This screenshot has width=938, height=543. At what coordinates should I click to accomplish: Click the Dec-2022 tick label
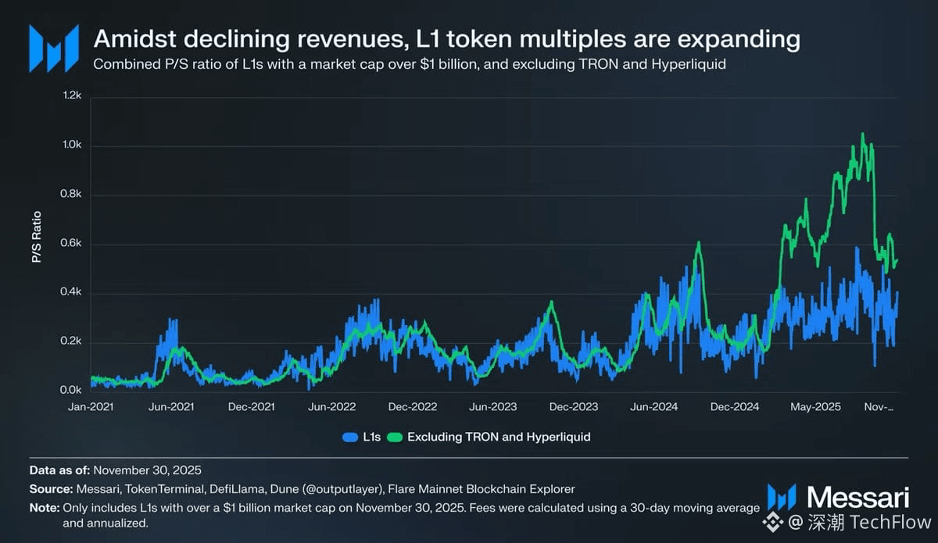tap(413, 407)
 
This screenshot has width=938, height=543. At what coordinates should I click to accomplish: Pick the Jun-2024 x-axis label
tap(653, 407)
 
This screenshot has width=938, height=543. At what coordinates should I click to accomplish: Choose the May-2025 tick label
tap(815, 407)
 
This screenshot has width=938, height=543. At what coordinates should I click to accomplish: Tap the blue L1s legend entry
tap(361, 437)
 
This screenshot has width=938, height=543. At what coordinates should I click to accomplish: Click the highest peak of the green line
tap(863, 134)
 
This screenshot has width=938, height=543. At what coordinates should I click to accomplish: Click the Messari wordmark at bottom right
tap(857, 497)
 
